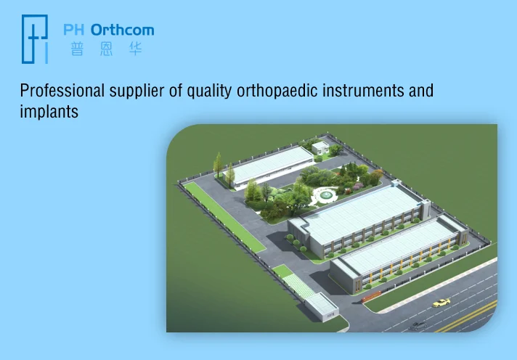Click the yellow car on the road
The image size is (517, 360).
[x=441, y=303]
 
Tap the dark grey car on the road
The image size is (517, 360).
[x=418, y=326]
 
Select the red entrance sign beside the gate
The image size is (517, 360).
[x=371, y=297]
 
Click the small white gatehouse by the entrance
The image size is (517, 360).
[x=322, y=307]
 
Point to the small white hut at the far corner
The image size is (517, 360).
[x=320, y=147]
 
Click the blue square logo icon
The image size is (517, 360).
[x=35, y=39]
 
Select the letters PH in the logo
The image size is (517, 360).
[x=73, y=30]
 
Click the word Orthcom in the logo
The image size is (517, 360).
[x=122, y=30]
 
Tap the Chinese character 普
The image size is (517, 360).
[x=77, y=49]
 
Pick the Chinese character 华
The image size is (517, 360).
[x=135, y=49]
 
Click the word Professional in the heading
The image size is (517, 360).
[x=62, y=91]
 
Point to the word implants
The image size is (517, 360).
[x=49, y=112]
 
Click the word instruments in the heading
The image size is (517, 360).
[x=363, y=91]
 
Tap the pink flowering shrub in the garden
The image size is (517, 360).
[x=358, y=187]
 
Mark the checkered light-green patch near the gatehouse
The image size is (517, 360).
[x=298, y=286]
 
